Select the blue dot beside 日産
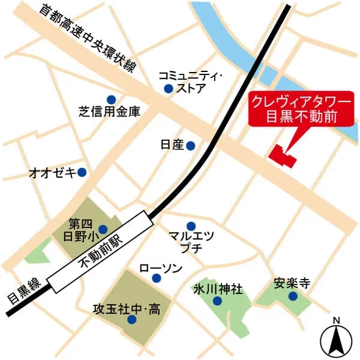pos(190,145)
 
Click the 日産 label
pos(172,145)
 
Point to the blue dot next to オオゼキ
pos(82,172)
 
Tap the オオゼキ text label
pos(53,173)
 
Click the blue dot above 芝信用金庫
pos(110,100)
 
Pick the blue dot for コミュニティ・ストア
pos(168,89)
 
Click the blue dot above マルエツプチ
pos(191,225)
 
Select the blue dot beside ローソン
pos(157,277)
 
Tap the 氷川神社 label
pos(218,290)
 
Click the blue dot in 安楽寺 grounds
pos(292,296)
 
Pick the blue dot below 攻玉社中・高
pos(131,320)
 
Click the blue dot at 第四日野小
pos(103,229)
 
